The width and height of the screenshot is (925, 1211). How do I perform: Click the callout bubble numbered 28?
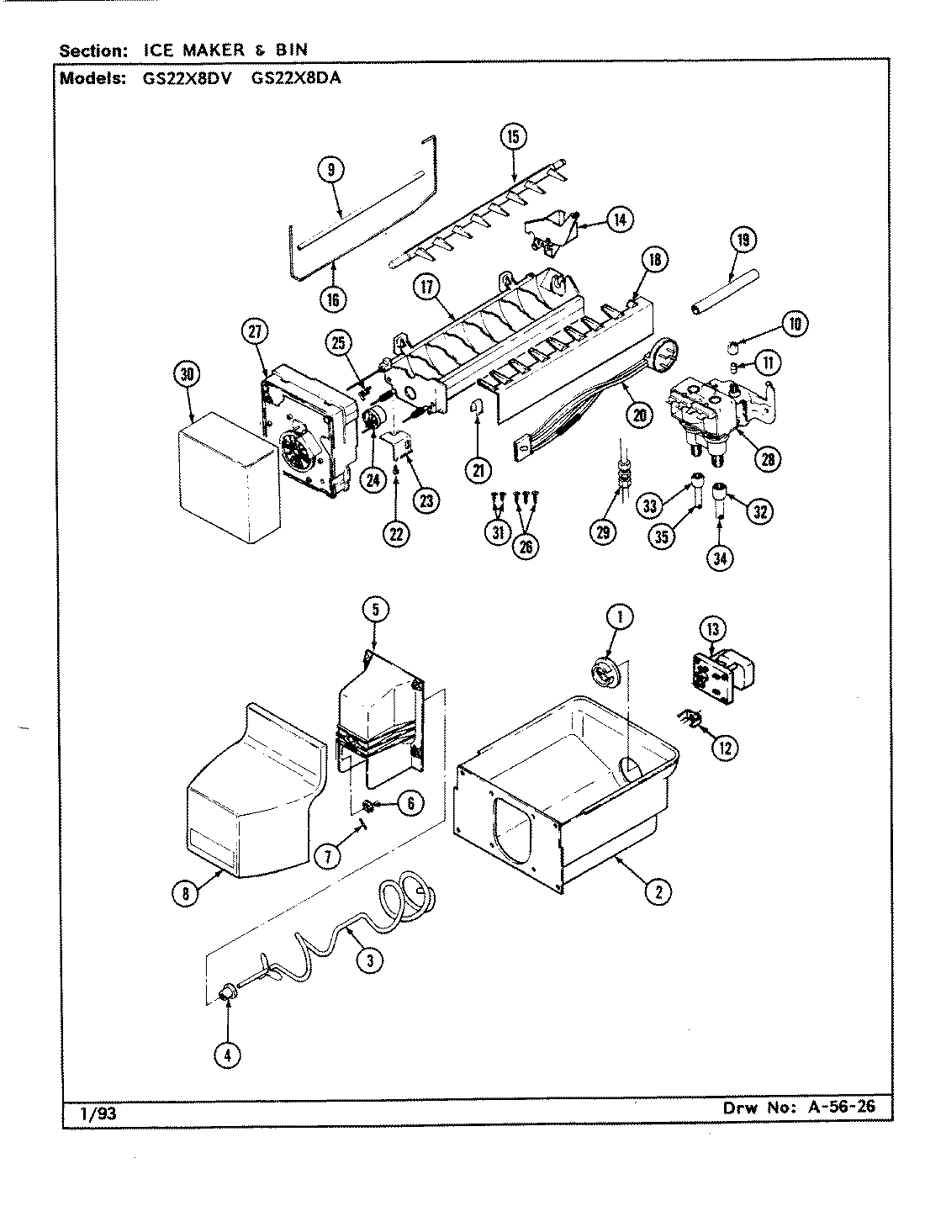click(x=767, y=459)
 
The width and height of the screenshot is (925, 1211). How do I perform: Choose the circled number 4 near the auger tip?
click(x=227, y=1054)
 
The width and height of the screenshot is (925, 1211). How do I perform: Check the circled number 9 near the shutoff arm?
click(x=330, y=170)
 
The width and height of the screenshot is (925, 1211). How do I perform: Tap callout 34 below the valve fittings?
click(x=718, y=558)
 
